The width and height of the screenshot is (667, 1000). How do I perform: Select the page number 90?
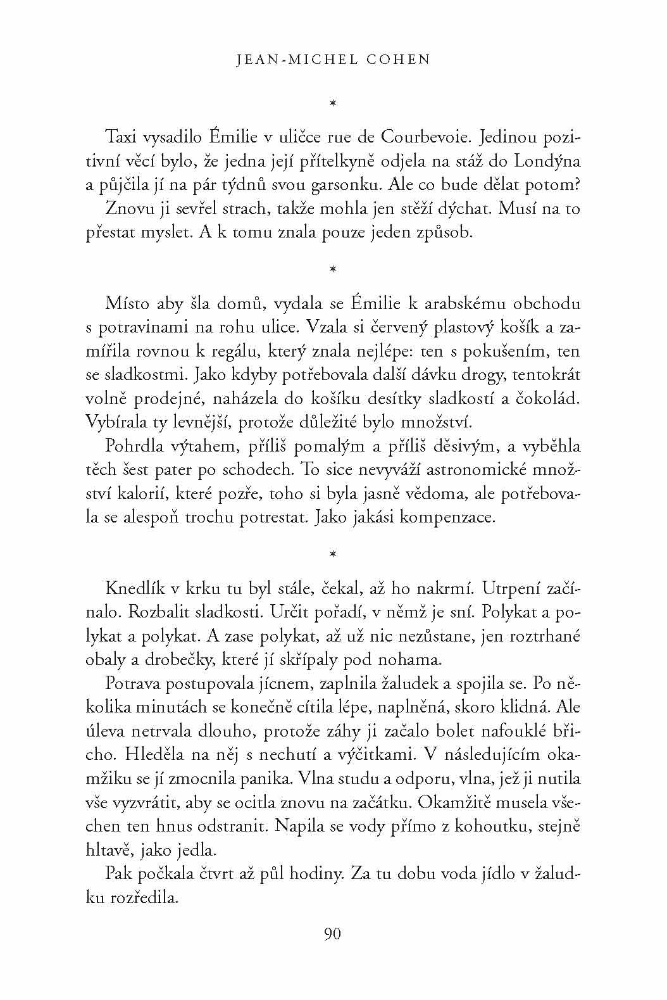pyautogui.click(x=333, y=934)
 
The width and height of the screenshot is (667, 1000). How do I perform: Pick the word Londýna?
pyautogui.click(x=547, y=161)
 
